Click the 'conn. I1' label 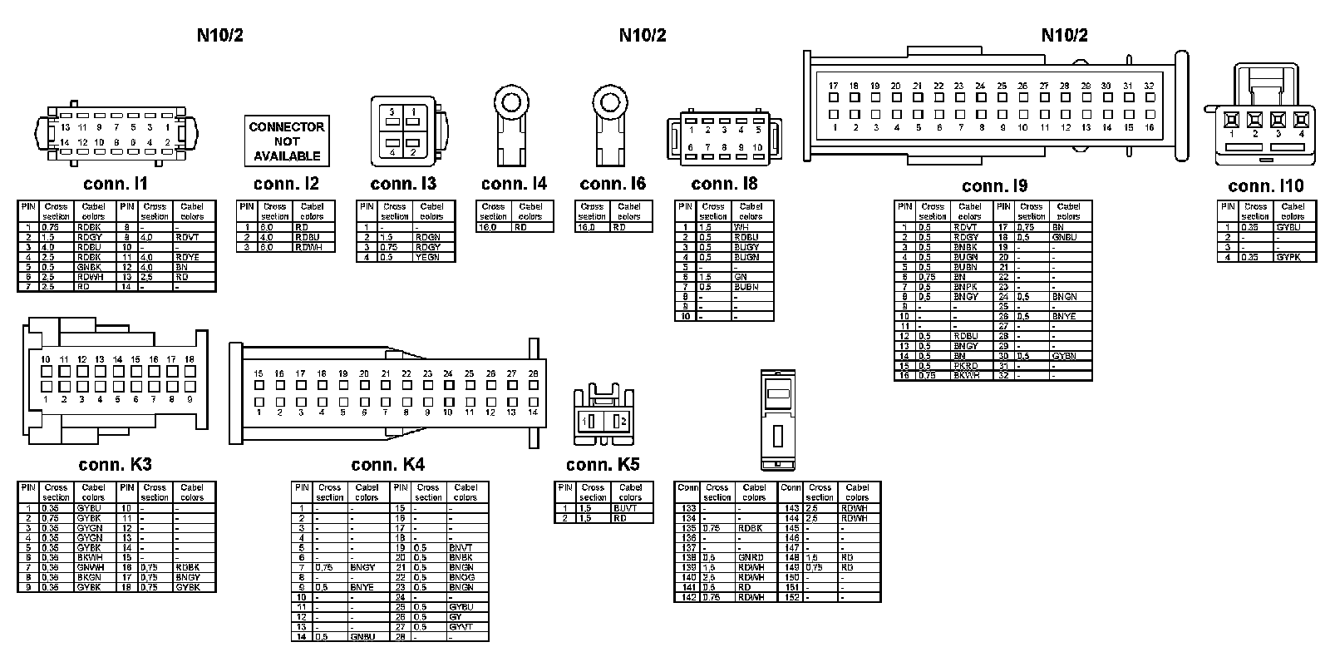point(116,184)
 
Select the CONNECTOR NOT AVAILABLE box point(287,141)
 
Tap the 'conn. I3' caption point(403,184)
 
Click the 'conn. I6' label point(613,184)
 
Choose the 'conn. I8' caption point(724,184)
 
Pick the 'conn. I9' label point(994,186)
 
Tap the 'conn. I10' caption point(1266,186)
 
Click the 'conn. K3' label point(116,464)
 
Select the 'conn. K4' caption point(387,464)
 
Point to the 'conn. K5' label point(603,464)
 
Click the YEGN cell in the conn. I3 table point(433,257)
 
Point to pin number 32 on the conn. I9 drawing point(1149,86)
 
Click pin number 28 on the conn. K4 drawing point(533,374)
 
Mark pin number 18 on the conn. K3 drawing point(190,359)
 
